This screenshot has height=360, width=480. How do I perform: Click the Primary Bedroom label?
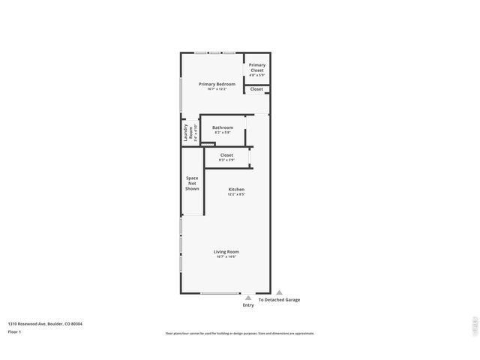click(217, 84)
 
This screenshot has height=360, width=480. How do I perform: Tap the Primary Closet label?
click(257, 67)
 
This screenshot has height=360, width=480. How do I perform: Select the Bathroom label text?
click(223, 127)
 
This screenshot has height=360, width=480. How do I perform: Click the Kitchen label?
click(236, 190)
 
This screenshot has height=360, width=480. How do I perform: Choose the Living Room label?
click(226, 252)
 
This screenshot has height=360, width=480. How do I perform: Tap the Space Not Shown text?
click(193, 183)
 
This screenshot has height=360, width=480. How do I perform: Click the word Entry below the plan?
click(248, 305)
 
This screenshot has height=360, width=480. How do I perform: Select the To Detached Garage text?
click(279, 300)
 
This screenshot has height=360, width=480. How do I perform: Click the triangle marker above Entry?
click(248, 298)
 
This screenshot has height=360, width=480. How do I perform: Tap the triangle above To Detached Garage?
click(279, 292)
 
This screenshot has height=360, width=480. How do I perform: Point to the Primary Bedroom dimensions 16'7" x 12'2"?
click(217, 89)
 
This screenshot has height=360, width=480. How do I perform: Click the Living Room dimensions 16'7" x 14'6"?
click(226, 257)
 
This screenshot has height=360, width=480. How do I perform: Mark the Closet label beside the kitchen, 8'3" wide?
click(226, 155)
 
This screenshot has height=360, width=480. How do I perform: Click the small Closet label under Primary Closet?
click(256, 89)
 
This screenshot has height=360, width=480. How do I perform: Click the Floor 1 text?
click(14, 331)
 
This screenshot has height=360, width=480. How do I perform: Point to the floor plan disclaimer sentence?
click(240, 333)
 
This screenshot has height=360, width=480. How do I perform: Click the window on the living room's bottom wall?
click(220, 293)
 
